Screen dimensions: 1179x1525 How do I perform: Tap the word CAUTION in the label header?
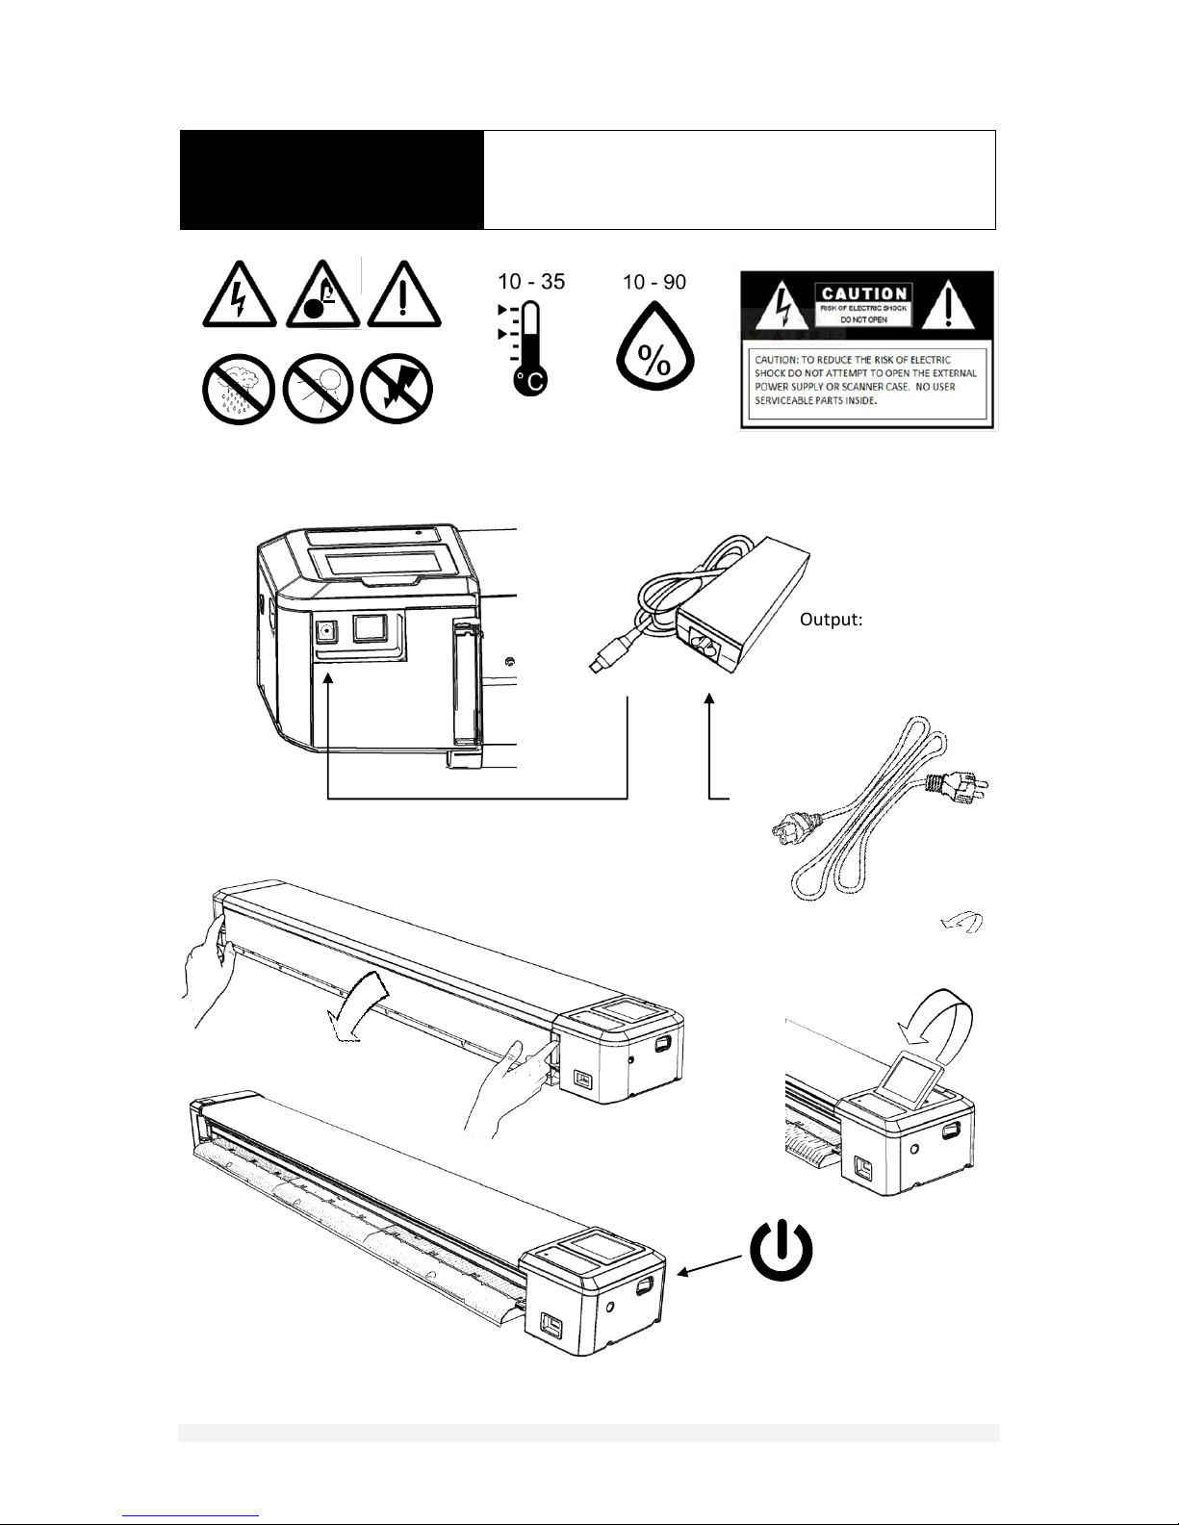[x=864, y=293]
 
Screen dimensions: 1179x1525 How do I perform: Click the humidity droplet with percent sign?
[x=655, y=351]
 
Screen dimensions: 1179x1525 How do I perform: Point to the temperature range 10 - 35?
[x=530, y=282]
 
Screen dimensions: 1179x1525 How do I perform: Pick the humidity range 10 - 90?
[x=654, y=282]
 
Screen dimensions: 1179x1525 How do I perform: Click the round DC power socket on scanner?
[x=324, y=631]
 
